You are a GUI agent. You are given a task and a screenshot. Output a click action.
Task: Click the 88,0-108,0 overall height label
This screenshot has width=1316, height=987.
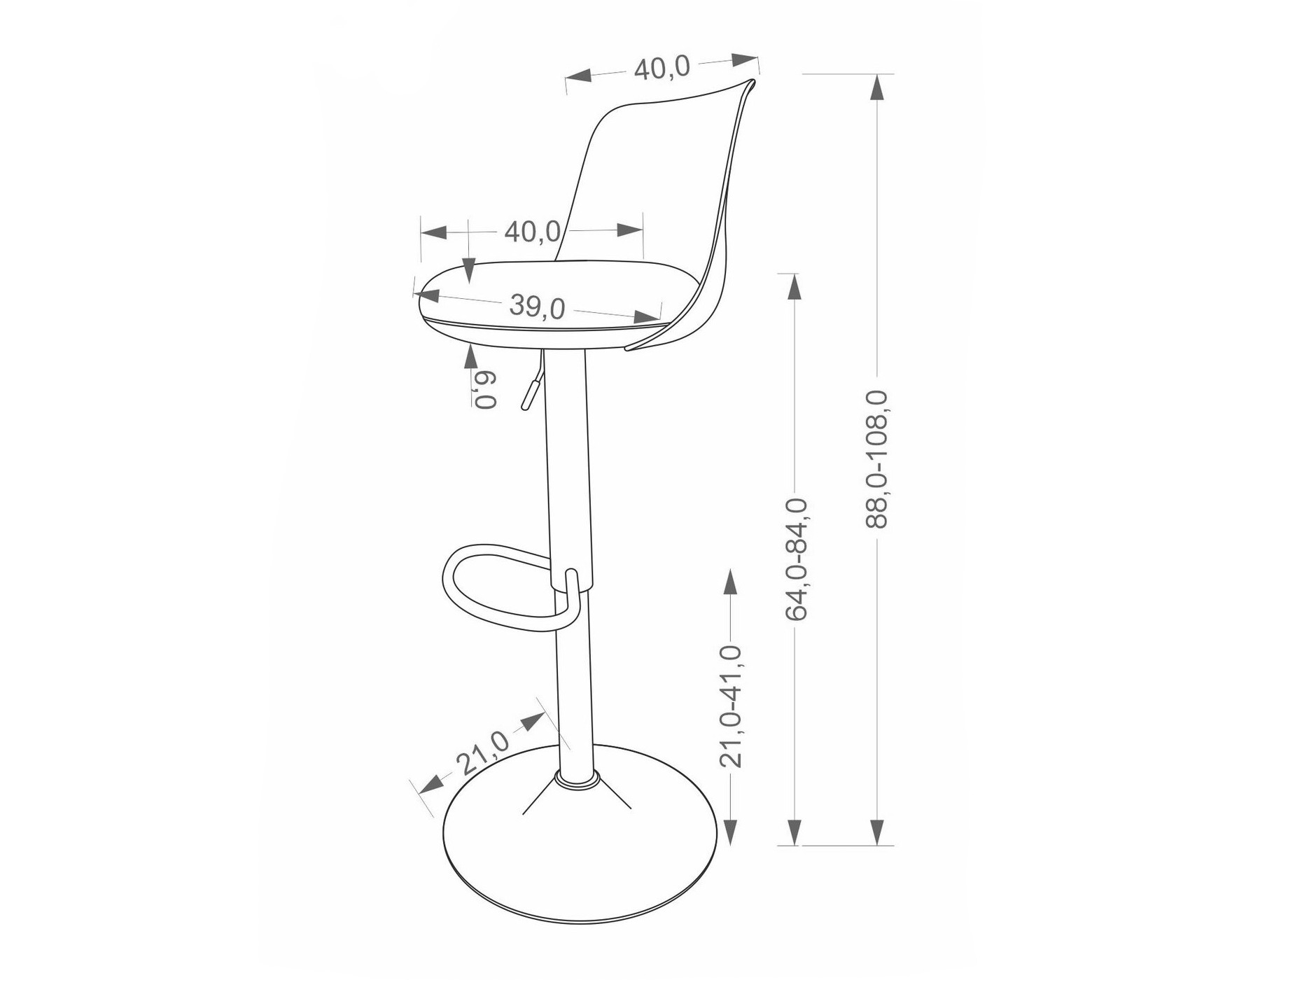point(878,459)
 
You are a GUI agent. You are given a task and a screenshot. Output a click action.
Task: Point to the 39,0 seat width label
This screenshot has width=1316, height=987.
point(537,307)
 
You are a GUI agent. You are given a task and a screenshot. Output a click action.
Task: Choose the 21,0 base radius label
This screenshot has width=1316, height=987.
point(483,752)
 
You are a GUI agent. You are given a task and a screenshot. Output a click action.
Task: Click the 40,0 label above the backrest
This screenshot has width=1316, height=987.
point(661,68)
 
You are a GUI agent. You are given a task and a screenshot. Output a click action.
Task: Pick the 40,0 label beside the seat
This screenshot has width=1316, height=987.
point(532,231)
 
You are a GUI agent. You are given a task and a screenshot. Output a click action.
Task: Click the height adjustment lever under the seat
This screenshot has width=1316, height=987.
point(531,388)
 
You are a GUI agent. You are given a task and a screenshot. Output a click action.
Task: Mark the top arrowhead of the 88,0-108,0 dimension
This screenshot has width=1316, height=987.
point(878,87)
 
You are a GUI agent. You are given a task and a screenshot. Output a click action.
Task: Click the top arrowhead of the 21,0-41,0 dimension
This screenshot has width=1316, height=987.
point(731,582)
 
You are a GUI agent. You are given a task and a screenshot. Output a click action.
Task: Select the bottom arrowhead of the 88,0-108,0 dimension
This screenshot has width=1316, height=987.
point(878,831)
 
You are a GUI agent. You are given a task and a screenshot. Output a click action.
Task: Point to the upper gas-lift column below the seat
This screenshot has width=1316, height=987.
point(567,455)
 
